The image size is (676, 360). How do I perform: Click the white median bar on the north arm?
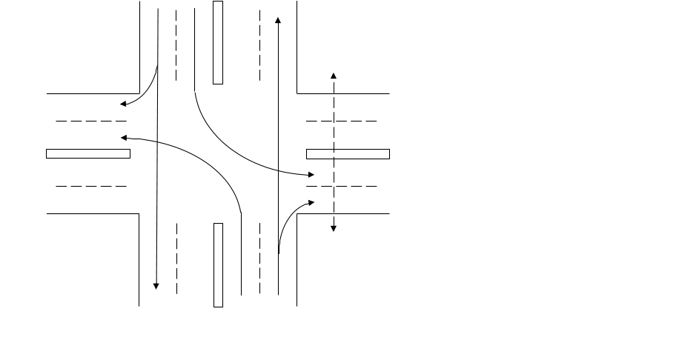(218, 42)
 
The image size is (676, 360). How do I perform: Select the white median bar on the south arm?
(218, 264)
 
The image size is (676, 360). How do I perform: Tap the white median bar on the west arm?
(88, 154)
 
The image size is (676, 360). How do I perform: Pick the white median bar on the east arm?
(348, 154)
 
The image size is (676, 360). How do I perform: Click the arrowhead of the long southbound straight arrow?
(156, 286)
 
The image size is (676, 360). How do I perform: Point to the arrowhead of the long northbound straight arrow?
(278, 21)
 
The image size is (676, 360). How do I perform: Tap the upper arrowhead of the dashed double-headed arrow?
(334, 76)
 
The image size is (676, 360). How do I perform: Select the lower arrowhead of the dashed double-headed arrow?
(334, 228)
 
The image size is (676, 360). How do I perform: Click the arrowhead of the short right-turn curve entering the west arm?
(123, 104)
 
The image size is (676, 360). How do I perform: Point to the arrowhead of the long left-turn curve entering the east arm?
(311, 175)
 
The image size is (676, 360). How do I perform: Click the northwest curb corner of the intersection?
(140, 94)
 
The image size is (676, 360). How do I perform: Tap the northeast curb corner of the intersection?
(297, 94)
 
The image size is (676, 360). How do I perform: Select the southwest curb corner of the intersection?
(140, 214)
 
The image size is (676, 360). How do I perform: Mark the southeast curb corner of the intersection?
(297, 214)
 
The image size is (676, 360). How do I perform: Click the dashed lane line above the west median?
(90, 121)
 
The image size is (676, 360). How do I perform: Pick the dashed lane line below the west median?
(90, 187)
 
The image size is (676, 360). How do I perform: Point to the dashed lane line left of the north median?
(176, 44)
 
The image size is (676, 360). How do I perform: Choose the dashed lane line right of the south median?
(260, 259)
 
